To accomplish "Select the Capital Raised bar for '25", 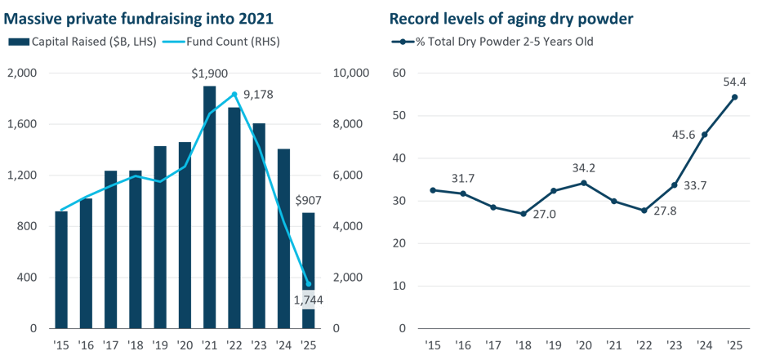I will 309,270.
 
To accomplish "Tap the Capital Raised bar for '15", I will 62,269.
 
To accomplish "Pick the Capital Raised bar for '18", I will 136,249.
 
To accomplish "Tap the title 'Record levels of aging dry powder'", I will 499,17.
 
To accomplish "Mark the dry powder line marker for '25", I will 734,97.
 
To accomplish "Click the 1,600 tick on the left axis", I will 24,125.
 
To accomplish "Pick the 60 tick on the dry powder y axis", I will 400,73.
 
